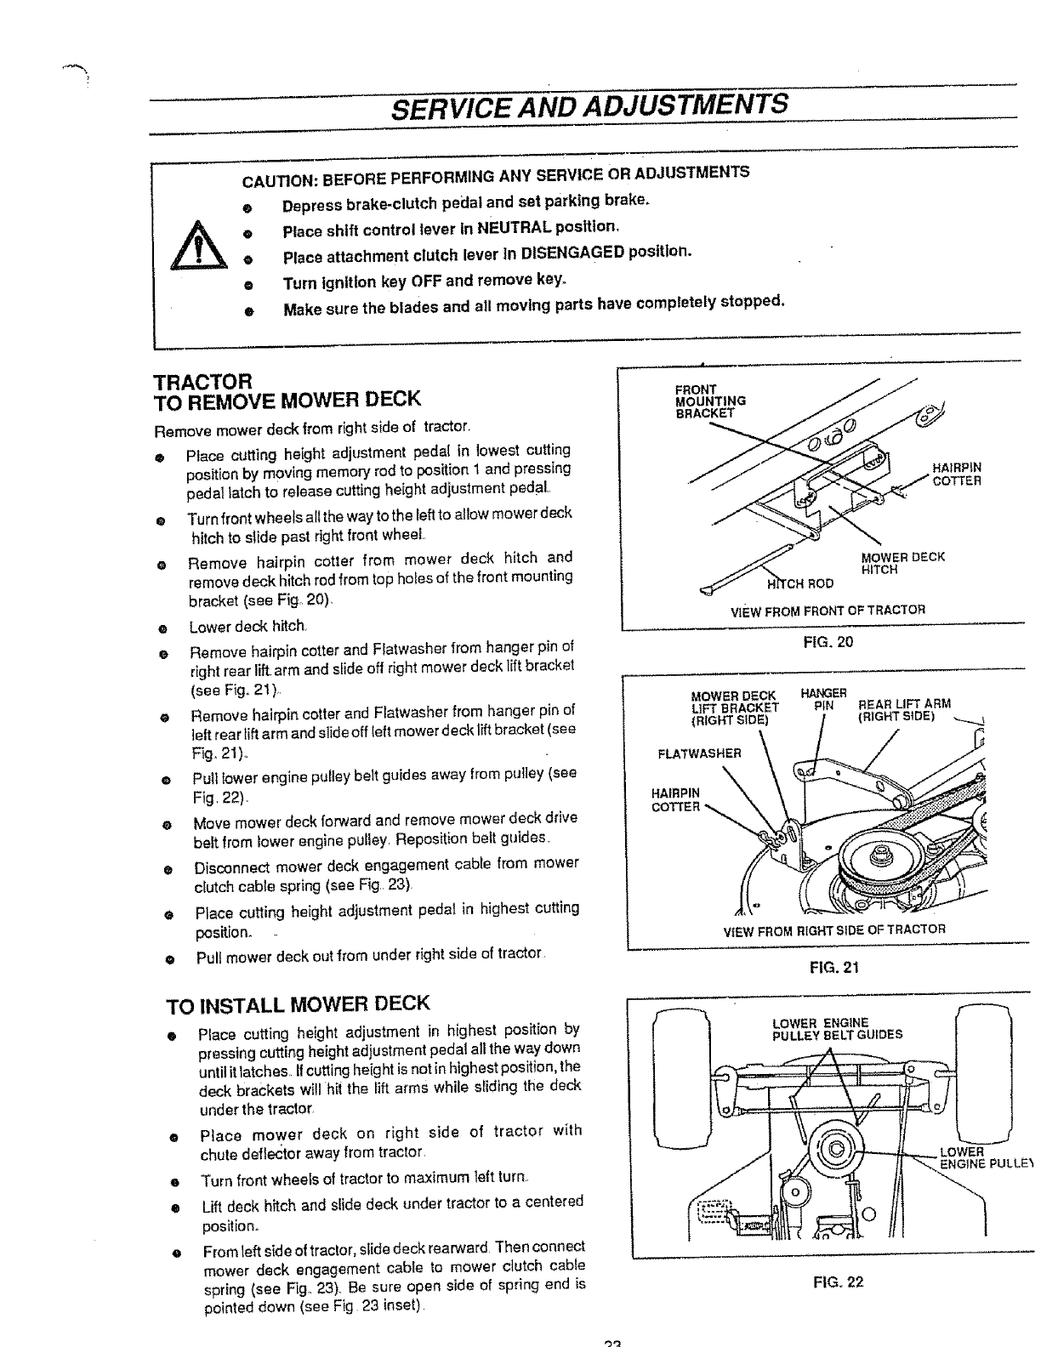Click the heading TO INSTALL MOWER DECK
(x=299, y=1005)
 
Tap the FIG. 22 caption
(x=838, y=1282)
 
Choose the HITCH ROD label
(x=800, y=583)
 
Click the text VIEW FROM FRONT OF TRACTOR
(x=828, y=611)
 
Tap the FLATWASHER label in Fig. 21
(x=700, y=753)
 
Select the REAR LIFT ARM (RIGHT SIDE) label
(x=903, y=710)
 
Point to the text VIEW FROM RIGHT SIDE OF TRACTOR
(x=833, y=929)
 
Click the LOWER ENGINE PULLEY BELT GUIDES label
(x=837, y=1029)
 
